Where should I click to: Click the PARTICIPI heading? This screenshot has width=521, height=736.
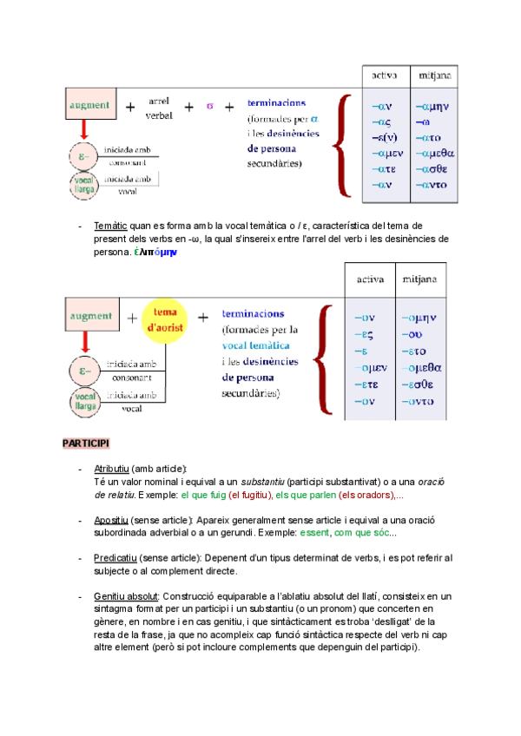[x=85, y=444]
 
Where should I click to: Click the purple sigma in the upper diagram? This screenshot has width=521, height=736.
[x=208, y=107]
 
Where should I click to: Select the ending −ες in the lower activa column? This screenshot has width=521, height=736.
[x=364, y=334]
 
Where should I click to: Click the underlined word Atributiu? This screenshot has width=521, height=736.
[x=110, y=469]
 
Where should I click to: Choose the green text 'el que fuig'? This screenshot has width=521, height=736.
[x=201, y=495]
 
